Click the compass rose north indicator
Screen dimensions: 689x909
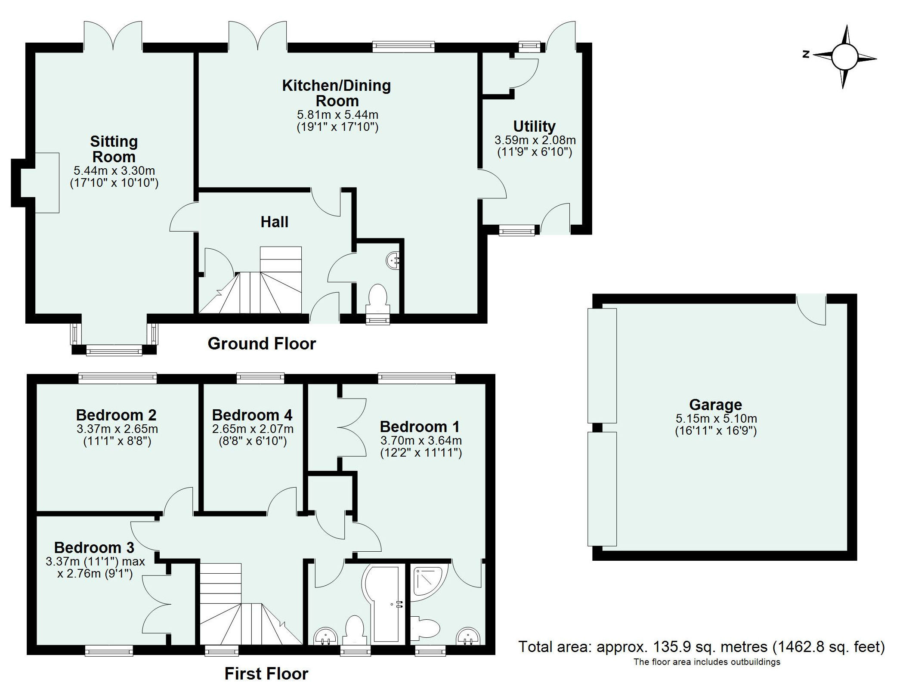806,55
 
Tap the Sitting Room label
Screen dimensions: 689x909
114,149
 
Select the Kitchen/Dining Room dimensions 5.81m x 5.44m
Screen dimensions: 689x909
337,115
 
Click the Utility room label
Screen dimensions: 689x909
534,126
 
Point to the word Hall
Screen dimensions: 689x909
274,222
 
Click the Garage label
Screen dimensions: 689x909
715,405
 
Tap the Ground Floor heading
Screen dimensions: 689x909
262,343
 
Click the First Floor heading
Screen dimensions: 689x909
266,674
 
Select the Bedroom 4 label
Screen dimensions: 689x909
252,415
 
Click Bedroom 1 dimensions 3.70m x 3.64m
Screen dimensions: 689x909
420,441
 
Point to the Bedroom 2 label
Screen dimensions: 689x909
116,415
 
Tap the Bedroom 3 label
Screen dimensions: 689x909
94,547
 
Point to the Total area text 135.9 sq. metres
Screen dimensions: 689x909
701,659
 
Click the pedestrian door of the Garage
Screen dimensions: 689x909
810,309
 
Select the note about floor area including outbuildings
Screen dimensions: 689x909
706,674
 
